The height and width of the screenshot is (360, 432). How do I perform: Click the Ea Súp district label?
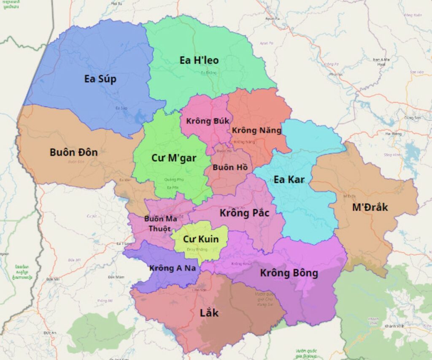[x=100, y=79]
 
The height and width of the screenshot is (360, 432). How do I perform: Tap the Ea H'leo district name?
[x=199, y=60]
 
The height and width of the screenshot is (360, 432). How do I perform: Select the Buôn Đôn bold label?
[x=73, y=152]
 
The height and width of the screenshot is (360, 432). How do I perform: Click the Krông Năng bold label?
[x=256, y=130]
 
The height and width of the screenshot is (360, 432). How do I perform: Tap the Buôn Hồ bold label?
[x=230, y=167]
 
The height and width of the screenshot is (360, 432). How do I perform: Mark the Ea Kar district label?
[x=289, y=179]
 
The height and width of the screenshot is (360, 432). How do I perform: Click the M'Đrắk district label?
[x=370, y=207]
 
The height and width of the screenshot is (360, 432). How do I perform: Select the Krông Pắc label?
[x=244, y=213]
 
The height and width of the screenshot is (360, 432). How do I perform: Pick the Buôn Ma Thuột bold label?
[x=157, y=224]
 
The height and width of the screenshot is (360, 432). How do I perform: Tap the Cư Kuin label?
[x=201, y=239]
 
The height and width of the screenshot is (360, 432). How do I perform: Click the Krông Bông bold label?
[x=289, y=273]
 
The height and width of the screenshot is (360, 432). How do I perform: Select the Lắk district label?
[x=209, y=313]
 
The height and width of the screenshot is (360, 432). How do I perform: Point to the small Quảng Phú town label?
[x=171, y=180]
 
